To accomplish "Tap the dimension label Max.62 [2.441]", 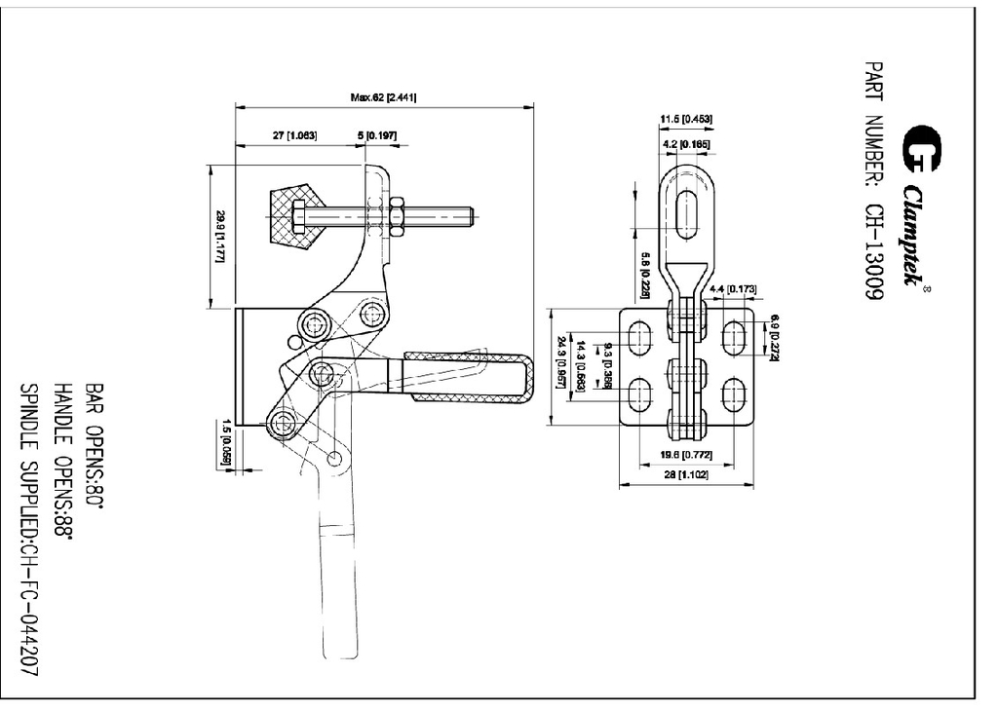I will (384, 97).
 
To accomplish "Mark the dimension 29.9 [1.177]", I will (221, 237).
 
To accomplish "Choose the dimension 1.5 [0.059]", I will (225, 438).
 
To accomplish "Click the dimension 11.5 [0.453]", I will (686, 120).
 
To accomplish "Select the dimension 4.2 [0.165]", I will (686, 144).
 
